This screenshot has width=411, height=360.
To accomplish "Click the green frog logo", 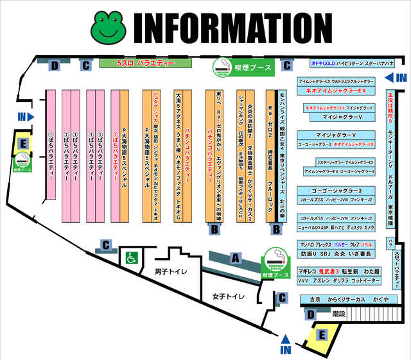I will [110, 26].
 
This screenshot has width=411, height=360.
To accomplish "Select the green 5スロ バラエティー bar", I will [146, 64].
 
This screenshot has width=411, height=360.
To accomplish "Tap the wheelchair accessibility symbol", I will [132, 257].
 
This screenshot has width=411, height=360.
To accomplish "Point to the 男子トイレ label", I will [171, 272].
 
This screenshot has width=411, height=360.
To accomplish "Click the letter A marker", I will [236, 258].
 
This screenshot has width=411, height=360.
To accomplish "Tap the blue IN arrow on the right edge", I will [398, 78].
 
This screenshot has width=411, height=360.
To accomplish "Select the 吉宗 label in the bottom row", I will [315, 299].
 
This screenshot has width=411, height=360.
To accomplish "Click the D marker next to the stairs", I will [311, 314].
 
